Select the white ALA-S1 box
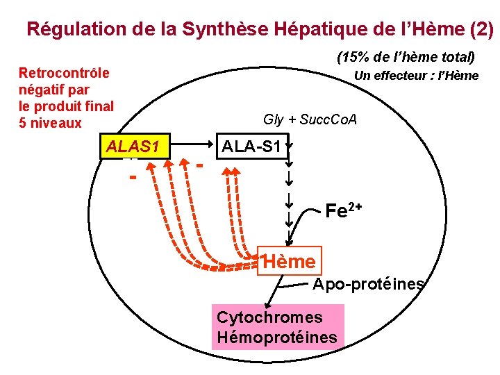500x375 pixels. tap(251, 147)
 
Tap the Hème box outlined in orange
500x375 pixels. tap(290, 262)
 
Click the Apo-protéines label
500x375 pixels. tap(368, 284)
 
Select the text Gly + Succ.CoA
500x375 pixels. tap(310, 119)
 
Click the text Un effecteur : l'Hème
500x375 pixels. tap(416, 76)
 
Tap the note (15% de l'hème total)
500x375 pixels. tap(406, 57)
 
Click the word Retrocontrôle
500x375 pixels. tap(64, 73)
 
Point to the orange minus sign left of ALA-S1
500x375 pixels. tap(199, 167)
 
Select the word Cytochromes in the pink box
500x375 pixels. tap(269, 317)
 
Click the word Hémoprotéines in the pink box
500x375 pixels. tap(276, 338)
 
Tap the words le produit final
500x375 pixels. tap(66, 106)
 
